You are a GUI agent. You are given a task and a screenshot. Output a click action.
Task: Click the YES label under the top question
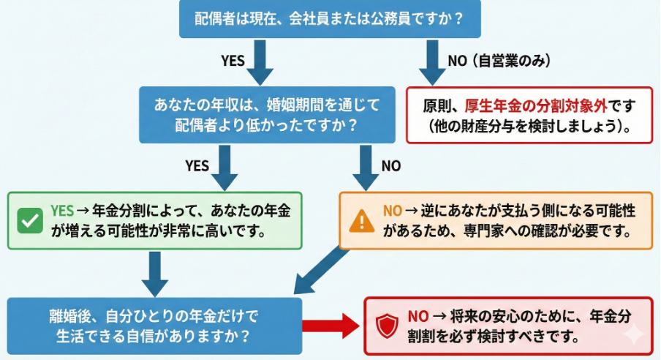point(233,61)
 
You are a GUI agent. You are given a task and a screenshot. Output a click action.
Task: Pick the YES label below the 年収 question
point(197,165)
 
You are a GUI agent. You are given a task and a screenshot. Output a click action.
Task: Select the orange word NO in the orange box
point(393,211)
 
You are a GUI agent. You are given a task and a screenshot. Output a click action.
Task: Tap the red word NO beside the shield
point(418,316)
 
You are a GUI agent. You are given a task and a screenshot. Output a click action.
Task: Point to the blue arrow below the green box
point(154,273)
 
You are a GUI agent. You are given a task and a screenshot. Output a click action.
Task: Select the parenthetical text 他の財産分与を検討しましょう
point(530,125)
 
